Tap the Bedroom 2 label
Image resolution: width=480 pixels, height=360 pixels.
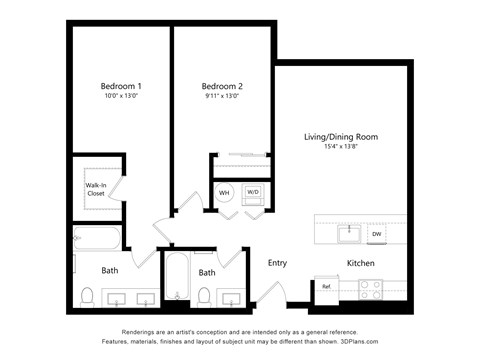[x=221, y=86]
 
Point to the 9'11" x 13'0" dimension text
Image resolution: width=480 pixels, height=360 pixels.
[x=221, y=97]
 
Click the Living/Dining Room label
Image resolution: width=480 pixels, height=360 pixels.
[x=341, y=136]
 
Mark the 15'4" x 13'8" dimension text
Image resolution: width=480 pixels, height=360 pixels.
[x=341, y=147]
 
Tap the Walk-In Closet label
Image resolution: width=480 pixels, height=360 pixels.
[x=96, y=189]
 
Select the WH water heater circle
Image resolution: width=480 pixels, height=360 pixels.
[x=225, y=191]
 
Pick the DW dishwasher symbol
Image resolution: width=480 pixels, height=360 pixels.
[x=377, y=234]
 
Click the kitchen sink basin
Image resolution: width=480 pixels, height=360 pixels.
[x=350, y=233]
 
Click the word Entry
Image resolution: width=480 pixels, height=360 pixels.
[x=277, y=263]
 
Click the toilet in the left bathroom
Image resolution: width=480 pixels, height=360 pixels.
[x=88, y=296]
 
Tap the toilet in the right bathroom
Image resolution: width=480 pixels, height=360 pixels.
[x=205, y=296]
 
